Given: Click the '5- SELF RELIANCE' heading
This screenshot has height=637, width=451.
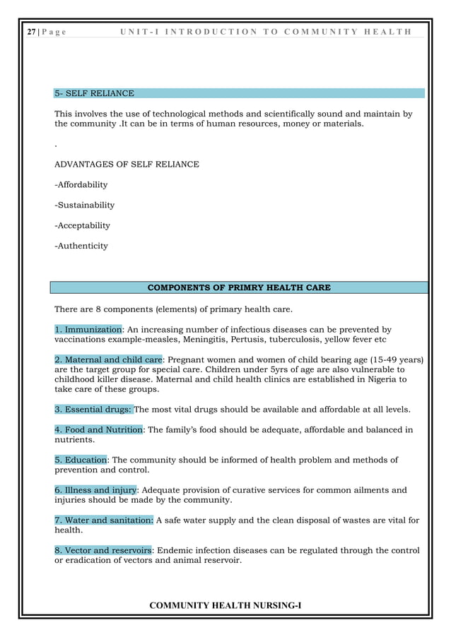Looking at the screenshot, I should click(94, 93).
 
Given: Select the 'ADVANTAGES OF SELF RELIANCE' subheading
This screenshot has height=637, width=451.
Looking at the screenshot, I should click(127, 165).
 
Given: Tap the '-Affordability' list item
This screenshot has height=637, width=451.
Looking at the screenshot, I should click(81, 185).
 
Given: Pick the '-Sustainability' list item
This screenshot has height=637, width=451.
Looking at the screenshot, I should click(84, 206).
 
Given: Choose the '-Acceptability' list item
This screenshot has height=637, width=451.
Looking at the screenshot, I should click(82, 226).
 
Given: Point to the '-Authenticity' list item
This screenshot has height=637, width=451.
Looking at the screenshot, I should click(81, 246).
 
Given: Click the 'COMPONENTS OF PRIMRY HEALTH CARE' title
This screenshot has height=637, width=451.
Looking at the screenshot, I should click(238, 287).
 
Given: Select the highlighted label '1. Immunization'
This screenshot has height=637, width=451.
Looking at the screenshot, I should click(89, 329).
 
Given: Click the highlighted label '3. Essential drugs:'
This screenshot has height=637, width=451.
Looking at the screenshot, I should click(93, 410).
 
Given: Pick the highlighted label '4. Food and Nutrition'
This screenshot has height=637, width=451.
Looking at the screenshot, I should click(99, 430).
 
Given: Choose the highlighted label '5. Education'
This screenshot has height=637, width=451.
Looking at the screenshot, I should click(81, 460).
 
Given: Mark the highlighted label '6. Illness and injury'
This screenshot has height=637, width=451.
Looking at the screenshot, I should click(95, 490).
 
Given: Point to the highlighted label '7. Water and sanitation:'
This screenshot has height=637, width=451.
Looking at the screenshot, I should click(103, 520).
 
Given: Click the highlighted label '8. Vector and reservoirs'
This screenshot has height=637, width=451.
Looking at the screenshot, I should click(103, 550).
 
